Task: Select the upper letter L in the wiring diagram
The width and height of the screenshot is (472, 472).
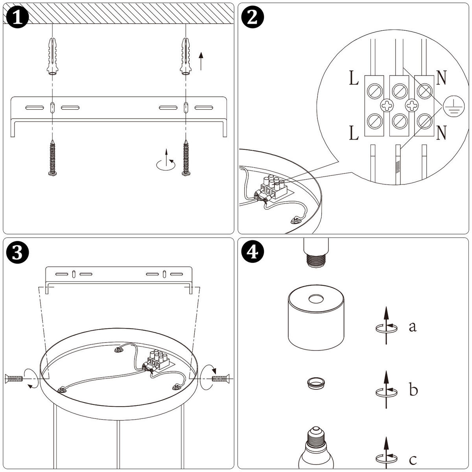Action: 354,79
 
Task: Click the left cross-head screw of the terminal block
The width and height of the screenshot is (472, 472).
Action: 387,105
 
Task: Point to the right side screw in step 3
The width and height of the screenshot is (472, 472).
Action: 220,378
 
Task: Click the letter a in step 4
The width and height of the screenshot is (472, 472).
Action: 412,326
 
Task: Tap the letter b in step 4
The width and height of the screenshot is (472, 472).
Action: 413,390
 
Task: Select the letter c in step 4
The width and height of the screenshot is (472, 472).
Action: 413,459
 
